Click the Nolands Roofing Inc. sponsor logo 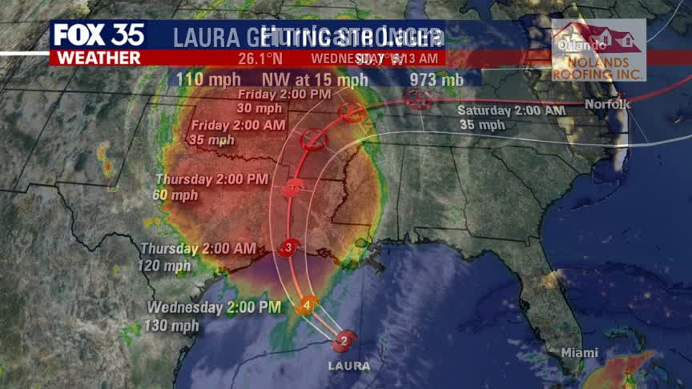pyautogui.click(x=598, y=50)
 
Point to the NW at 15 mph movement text pyautogui.click(x=315, y=80)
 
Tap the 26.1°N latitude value pyautogui.click(x=260, y=58)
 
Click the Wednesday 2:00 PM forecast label pyautogui.click(x=215, y=307)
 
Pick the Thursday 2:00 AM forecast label pyautogui.click(x=199, y=248)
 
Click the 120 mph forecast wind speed pyautogui.click(x=166, y=266)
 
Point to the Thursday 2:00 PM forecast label pyautogui.click(x=213, y=178)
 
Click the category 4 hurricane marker pyautogui.click(x=307, y=305)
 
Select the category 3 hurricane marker pyautogui.click(x=289, y=250)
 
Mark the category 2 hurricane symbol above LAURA pyautogui.click(x=344, y=341)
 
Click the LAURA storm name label pyautogui.click(x=349, y=366)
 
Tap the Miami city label pyautogui.click(x=579, y=353)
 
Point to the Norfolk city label pyautogui.click(x=609, y=105)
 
